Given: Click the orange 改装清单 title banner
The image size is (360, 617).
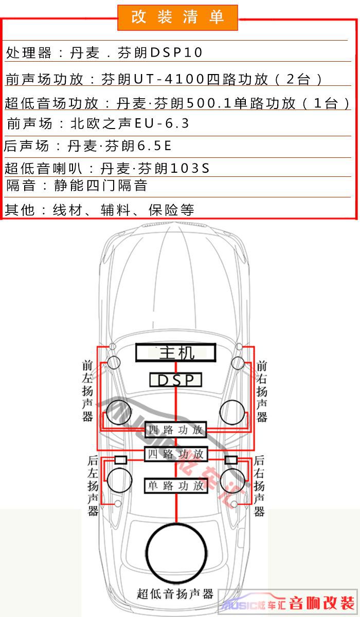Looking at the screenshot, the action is click(x=177, y=17).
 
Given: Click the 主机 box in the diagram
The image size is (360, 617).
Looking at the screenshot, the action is click(x=176, y=352).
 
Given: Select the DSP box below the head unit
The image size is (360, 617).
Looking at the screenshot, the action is click(x=176, y=380).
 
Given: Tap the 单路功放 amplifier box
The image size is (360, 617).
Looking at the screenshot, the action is click(x=176, y=485).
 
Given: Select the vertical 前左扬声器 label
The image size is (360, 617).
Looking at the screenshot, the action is click(x=87, y=391).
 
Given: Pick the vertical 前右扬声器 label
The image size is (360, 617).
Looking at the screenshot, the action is click(x=261, y=392).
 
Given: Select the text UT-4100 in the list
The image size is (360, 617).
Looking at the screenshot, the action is click(x=169, y=79).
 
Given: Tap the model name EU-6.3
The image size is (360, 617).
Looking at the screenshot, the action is click(x=163, y=123).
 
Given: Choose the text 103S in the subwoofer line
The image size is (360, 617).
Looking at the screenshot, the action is click(x=190, y=168).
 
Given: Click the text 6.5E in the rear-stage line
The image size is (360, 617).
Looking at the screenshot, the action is click(x=154, y=146).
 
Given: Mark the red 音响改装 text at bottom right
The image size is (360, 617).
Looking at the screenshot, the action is click(x=321, y=604).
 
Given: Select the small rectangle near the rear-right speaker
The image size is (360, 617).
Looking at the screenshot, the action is click(x=231, y=460).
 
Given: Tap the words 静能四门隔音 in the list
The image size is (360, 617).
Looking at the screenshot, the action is click(x=100, y=186).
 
